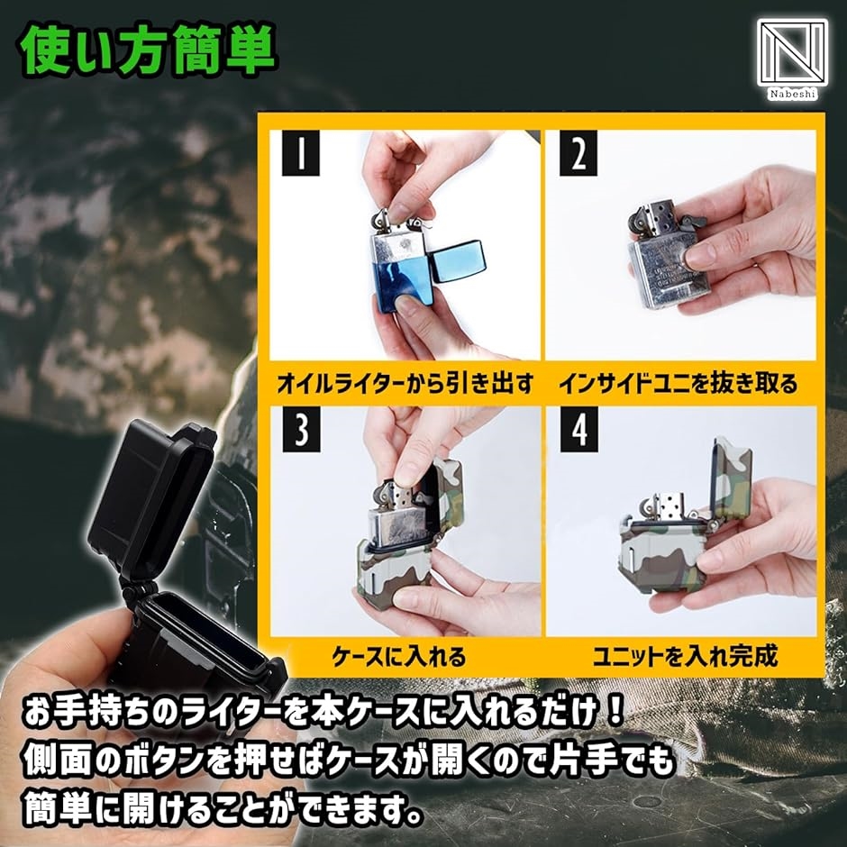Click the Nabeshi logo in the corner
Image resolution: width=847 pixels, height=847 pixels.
click(792, 59)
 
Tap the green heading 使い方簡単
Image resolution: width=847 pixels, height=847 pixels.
click(149, 50)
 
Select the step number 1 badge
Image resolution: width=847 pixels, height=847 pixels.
click(301, 153)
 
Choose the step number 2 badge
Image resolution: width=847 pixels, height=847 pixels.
click(578, 153)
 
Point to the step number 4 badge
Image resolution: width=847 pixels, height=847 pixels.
click(579, 430)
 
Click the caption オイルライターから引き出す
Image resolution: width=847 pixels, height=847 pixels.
click(405, 383)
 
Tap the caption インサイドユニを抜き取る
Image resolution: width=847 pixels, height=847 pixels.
click(679, 383)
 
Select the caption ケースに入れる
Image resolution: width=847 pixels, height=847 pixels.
click(398, 657)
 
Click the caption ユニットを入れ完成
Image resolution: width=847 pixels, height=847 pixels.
click(685, 656)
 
